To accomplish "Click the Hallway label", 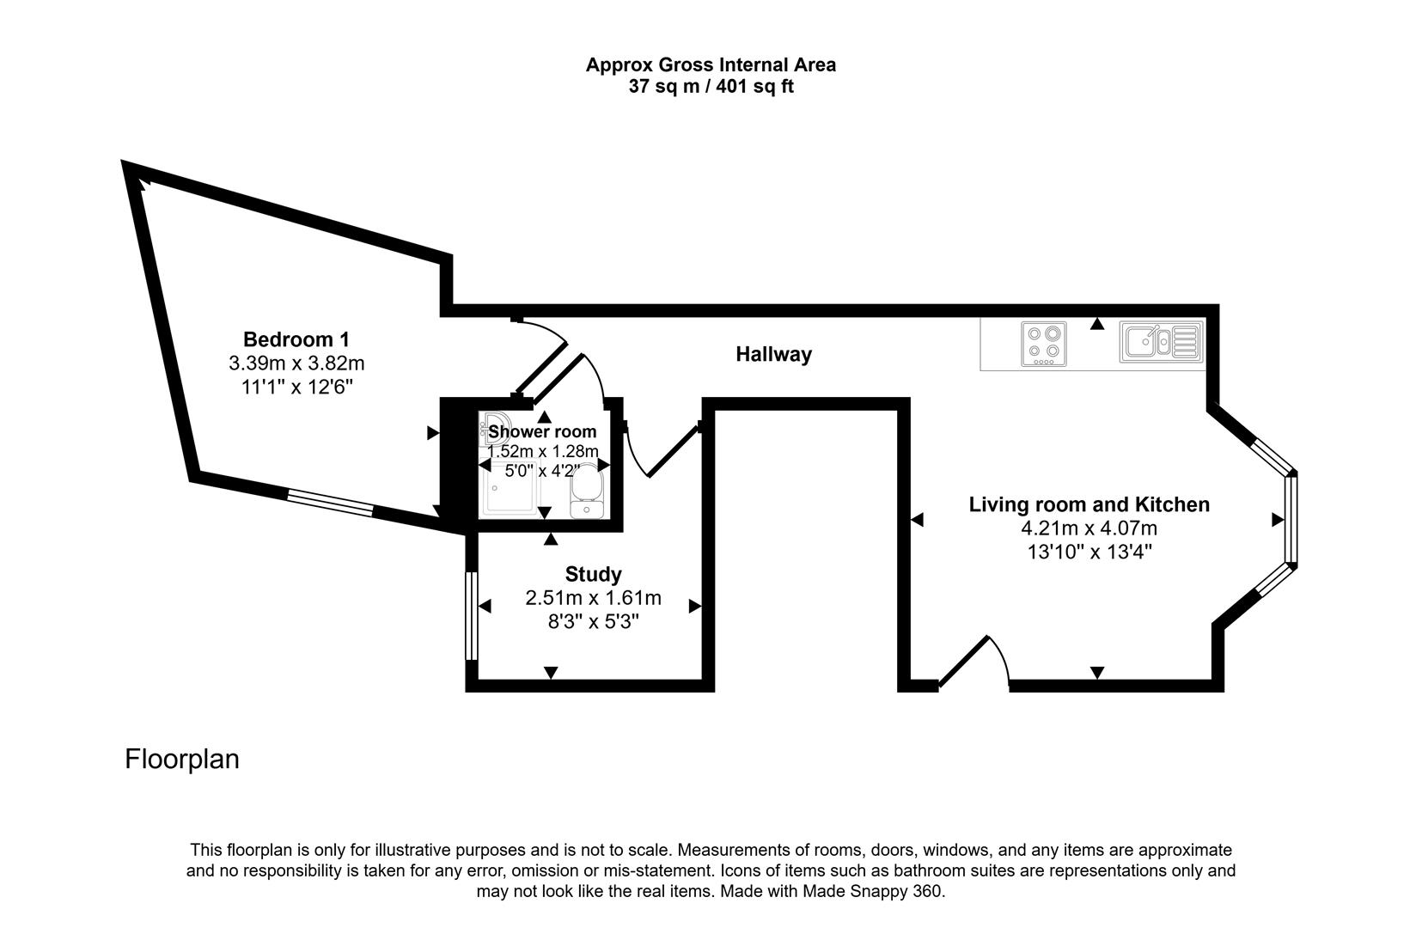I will pyautogui.click(x=773, y=354).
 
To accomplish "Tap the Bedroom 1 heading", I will pyautogui.click(x=296, y=339).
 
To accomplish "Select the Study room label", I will pyautogui.click(x=593, y=574).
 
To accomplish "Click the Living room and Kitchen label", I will pyautogui.click(x=1089, y=504).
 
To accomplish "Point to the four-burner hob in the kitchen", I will pyautogui.click(x=1044, y=344).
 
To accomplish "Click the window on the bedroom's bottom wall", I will pyautogui.click(x=331, y=503).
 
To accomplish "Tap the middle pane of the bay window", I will pyautogui.click(x=1291, y=519).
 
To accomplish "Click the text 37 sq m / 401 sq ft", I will pyautogui.click(x=711, y=87).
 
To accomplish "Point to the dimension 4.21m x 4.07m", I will pyautogui.click(x=1089, y=528).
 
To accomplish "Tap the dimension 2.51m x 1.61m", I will pyautogui.click(x=593, y=598).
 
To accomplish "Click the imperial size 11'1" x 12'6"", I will pyautogui.click(x=296, y=388).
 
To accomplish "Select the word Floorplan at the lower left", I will pyautogui.click(x=182, y=760).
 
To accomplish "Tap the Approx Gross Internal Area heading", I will pyautogui.click(x=711, y=64).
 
